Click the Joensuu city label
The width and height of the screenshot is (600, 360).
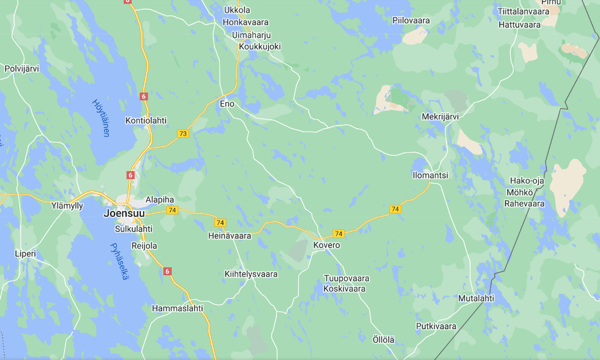click(x=124, y=213)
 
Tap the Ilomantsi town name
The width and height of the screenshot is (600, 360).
click(x=430, y=175)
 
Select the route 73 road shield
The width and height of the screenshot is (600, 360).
click(x=183, y=134)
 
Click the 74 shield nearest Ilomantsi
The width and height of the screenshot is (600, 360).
click(x=394, y=209)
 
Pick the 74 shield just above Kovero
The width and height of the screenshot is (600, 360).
click(x=338, y=234)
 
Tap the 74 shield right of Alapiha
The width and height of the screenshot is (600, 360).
click(x=172, y=210)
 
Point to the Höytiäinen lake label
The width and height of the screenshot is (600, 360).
click(x=101, y=118)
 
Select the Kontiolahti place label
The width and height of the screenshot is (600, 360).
click(x=146, y=121)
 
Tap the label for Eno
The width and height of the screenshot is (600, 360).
click(x=227, y=104)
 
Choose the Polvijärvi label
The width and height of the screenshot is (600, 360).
click(x=22, y=69)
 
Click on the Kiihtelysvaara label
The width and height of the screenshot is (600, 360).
click(x=251, y=274)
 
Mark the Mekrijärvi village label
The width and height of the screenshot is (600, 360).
click(x=440, y=117)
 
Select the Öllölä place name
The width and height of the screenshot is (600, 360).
click(x=384, y=339)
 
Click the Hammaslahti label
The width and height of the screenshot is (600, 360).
click(x=177, y=308)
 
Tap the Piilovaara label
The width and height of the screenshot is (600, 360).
click(x=411, y=21)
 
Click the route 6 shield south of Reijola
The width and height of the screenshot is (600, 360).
click(x=167, y=271)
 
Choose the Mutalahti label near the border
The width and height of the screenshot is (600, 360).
click(x=476, y=298)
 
